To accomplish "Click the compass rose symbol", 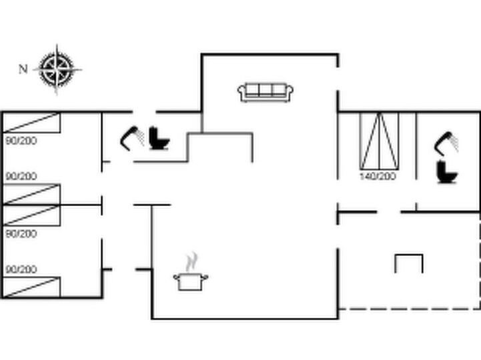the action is pyautogui.click(x=57, y=69).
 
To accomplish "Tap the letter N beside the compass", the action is pyautogui.click(x=23, y=69).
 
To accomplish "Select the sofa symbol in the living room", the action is pyautogui.click(x=266, y=92).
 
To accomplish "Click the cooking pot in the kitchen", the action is pyautogui.click(x=191, y=281).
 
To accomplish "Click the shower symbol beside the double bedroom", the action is pyautogui.click(x=447, y=143).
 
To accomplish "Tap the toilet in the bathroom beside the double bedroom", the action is pyautogui.click(x=447, y=172).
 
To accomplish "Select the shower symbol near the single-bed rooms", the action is pyautogui.click(x=132, y=138).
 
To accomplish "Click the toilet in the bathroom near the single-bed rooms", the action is pyautogui.click(x=159, y=138).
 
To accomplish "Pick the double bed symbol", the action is pyautogui.click(x=380, y=141).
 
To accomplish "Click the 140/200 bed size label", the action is pyautogui.click(x=378, y=176).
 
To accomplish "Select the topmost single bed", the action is pyautogui.click(x=31, y=123).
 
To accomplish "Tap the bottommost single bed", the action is pyautogui.click(x=31, y=287).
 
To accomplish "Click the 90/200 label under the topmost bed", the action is pyautogui.click(x=21, y=141).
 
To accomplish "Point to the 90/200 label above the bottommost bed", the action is pyautogui.click(x=21, y=269).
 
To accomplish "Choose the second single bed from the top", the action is pyautogui.click(x=31, y=195).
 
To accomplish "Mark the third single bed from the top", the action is pyautogui.click(x=31, y=215).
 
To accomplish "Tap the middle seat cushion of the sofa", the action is pyautogui.click(x=266, y=90).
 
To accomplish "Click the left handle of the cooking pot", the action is pyautogui.click(x=176, y=277).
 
